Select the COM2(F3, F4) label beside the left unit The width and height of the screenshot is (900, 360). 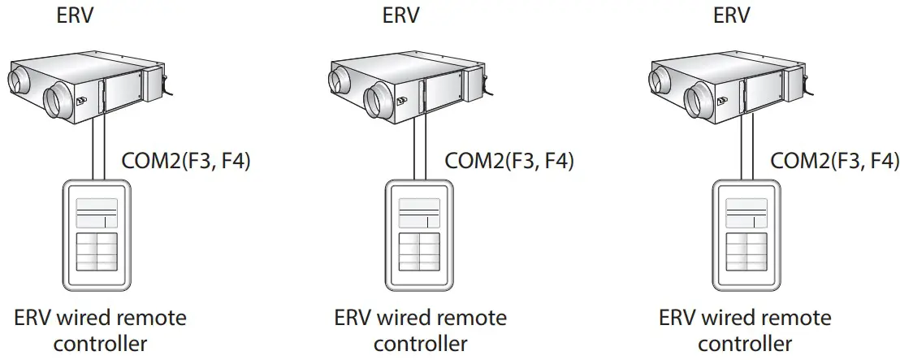[185, 160]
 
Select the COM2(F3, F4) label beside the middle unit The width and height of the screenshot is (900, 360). [509, 160]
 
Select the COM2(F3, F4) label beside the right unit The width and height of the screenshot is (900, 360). [834, 160]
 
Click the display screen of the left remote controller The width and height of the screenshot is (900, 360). [97, 213]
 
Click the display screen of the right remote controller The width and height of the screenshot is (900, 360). [746, 213]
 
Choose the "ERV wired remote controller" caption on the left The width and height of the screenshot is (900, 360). [100, 330]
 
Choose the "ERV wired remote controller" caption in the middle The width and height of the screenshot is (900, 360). [421, 330]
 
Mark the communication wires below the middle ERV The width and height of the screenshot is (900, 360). [419, 150]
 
